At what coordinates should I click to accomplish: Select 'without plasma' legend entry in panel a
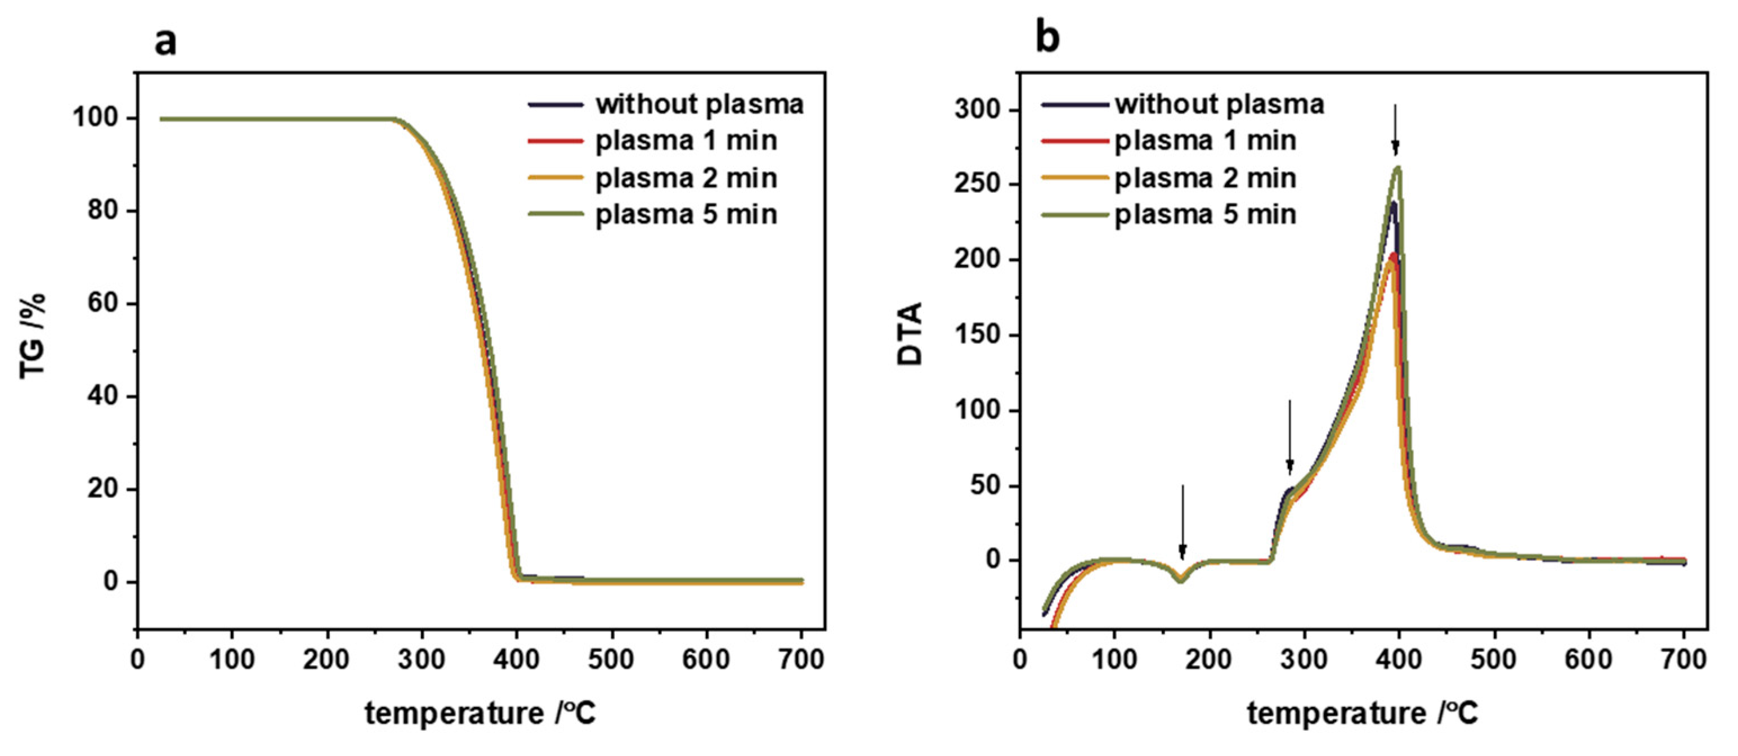[x=699, y=105]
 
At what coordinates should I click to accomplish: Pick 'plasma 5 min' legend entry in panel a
[x=686, y=214]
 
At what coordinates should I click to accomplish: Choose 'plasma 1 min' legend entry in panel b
[x=1205, y=141]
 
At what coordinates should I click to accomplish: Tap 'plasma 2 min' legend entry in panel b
[x=1205, y=178]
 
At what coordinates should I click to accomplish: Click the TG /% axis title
[x=33, y=336]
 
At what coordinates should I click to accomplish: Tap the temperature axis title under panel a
[x=481, y=713]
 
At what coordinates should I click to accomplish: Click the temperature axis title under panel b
[x=1362, y=713]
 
